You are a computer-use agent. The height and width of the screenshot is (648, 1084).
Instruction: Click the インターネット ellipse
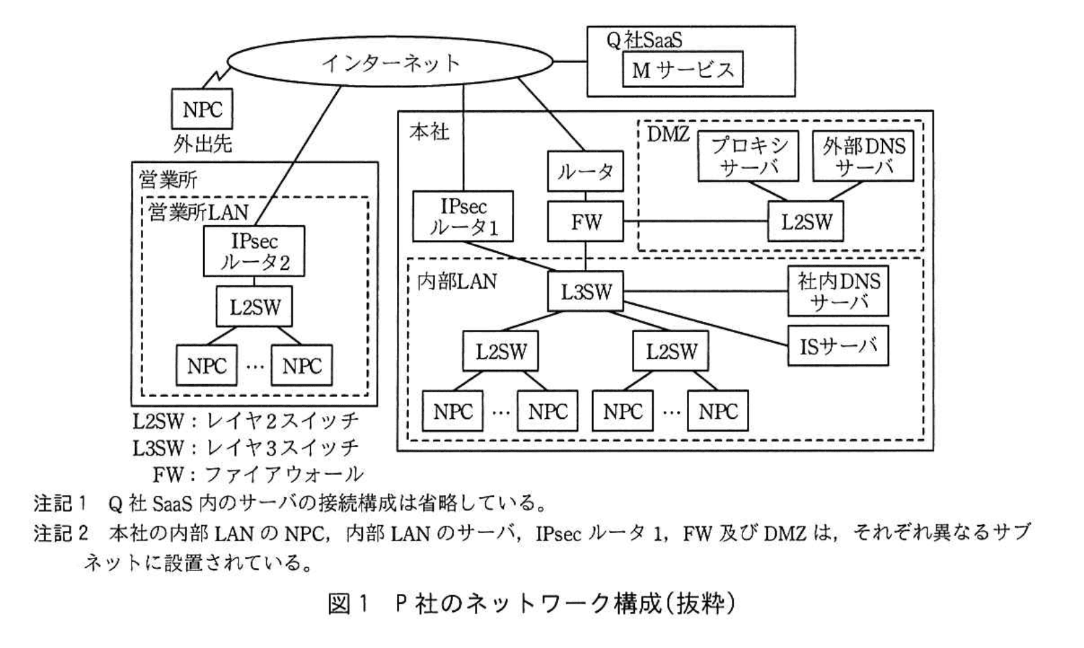coord(390,62)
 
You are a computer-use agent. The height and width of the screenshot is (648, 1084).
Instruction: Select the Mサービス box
coord(682,69)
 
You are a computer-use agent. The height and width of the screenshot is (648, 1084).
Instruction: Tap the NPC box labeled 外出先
coord(202,109)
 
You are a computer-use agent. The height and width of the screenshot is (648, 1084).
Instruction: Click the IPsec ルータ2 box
coord(254,251)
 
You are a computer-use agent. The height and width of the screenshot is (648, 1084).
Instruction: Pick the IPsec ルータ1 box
coord(463,216)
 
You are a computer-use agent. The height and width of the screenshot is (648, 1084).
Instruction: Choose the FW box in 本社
coord(585,222)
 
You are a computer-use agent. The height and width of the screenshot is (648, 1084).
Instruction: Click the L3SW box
coord(585,291)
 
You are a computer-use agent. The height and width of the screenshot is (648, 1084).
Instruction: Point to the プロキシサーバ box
coord(749,156)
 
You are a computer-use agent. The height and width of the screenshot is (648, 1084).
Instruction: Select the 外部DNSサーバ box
coord(863,156)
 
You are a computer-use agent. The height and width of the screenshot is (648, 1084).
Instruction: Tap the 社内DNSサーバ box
coord(838,291)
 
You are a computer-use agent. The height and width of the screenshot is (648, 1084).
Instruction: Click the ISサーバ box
coord(838,346)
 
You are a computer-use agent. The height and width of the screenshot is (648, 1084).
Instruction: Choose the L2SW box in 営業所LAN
coord(254,307)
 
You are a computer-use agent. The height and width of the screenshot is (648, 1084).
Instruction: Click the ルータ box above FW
coord(585,172)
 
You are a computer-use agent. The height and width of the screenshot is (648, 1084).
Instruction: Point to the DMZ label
coord(668,134)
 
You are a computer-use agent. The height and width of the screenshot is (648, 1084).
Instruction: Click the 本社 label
coord(429,132)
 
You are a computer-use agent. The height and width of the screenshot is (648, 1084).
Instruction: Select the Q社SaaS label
coord(644,40)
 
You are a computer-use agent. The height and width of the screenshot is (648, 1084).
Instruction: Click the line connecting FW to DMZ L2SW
coord(695,222)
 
